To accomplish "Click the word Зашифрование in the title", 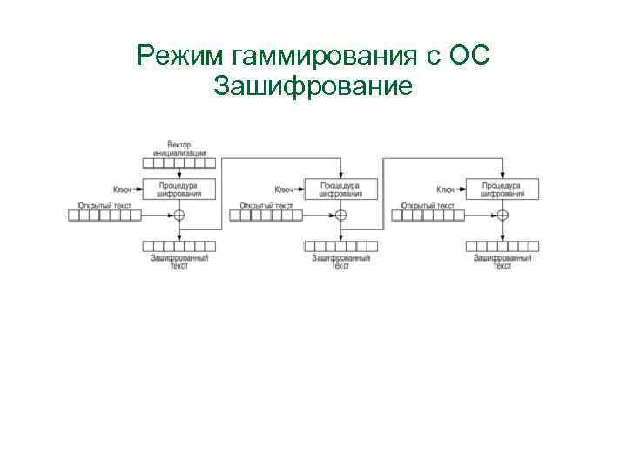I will (x=313, y=86).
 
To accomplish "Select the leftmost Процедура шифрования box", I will (x=179, y=189).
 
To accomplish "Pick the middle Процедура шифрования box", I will (x=341, y=189).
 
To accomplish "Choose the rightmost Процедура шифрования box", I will (x=502, y=189).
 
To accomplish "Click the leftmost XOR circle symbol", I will (x=179, y=215).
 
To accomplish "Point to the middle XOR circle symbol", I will (x=341, y=215).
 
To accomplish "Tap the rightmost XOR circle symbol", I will (x=502, y=215).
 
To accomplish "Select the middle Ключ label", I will (x=283, y=189).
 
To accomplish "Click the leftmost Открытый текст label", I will (x=104, y=206).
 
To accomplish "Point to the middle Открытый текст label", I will (x=266, y=206).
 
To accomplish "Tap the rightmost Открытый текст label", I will (x=427, y=206).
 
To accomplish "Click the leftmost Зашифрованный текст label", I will (x=179, y=262).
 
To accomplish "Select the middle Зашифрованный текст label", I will (x=341, y=262).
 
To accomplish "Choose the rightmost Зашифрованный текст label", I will (x=502, y=262).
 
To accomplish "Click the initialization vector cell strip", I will (x=179, y=162).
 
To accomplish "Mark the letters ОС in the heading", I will (x=470, y=58).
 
